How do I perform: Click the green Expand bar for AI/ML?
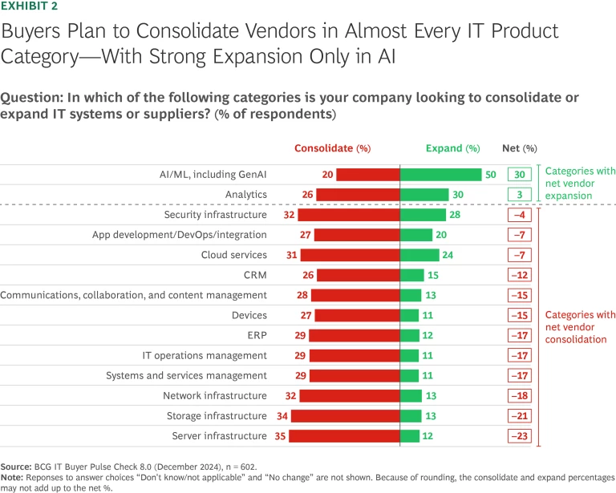tap(440, 175)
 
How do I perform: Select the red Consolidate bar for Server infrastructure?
tap(343, 436)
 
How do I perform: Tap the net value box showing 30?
tap(519, 175)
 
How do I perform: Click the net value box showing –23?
tap(519, 436)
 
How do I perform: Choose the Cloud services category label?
tap(233, 255)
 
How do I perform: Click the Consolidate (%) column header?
tap(332, 148)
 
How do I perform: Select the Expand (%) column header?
tap(452, 148)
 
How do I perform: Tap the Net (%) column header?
tap(519, 148)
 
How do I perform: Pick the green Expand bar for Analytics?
tap(423, 195)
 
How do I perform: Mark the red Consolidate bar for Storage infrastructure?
tap(345, 416)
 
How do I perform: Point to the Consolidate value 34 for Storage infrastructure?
tap(281, 416)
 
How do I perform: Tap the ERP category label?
tap(257, 335)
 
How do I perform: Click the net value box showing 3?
tap(519, 195)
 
